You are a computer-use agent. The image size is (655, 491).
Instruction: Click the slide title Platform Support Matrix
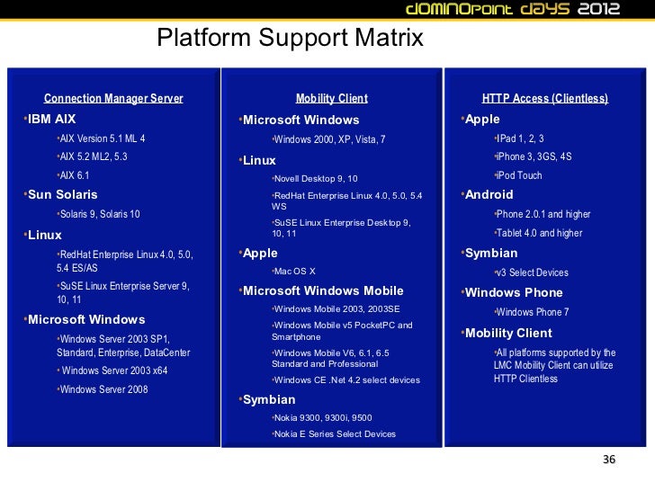coord(290,39)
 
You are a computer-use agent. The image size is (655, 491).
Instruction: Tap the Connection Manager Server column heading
coord(113,98)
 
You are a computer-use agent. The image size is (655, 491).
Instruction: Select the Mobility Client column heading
coord(332,98)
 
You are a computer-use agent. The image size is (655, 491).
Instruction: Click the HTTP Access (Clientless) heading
coord(545,98)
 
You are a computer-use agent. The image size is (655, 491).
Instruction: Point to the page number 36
coord(609,460)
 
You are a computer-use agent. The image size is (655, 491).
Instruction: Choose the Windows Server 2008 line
coord(103,389)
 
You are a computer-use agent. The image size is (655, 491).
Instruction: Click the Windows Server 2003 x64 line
coord(114,370)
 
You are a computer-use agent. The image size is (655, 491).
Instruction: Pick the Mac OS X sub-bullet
coord(295,272)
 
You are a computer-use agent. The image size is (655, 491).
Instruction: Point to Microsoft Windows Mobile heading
coord(323,290)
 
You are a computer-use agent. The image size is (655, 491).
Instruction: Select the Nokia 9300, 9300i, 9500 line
coord(323,418)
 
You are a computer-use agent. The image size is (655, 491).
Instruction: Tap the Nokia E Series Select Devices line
coord(335,433)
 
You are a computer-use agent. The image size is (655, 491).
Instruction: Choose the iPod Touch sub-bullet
coord(519,175)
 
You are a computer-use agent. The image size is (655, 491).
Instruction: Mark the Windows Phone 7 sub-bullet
coord(534,312)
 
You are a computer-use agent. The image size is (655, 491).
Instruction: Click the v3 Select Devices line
coord(532,272)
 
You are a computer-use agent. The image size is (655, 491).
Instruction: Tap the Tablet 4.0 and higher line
coord(539,233)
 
